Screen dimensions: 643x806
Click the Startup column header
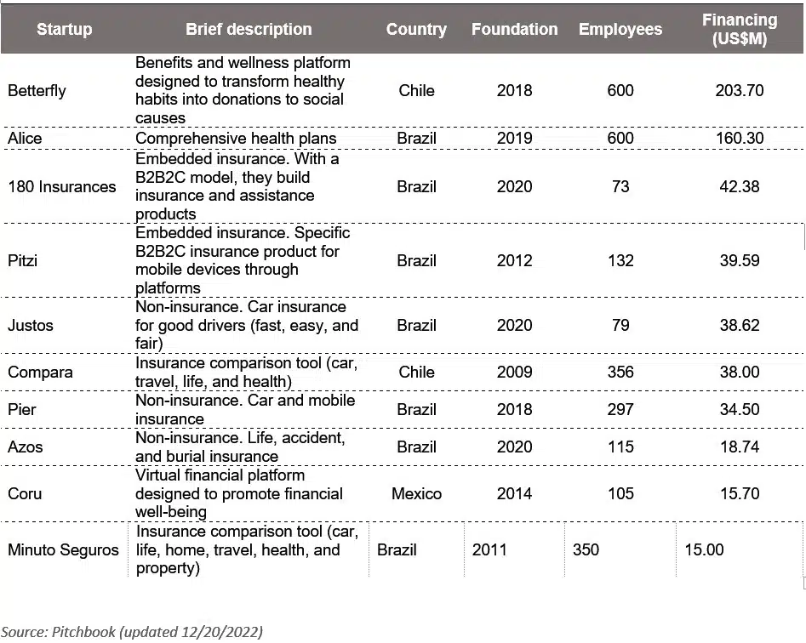[x=65, y=30]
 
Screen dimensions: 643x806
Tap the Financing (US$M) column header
[x=739, y=30]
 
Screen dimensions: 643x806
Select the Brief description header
[x=249, y=30]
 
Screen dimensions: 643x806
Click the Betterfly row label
[x=37, y=90]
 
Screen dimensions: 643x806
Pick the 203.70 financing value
[x=739, y=90]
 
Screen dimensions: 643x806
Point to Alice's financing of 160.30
[x=739, y=138]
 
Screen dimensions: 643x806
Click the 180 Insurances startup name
[x=62, y=186]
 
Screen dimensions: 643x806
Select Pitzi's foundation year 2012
[x=514, y=260]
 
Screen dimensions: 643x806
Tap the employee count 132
[x=620, y=260]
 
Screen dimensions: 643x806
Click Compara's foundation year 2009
[x=514, y=372]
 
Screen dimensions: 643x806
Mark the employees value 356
[x=620, y=372]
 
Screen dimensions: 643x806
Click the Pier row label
[x=22, y=409]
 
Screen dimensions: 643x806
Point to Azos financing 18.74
[x=739, y=447]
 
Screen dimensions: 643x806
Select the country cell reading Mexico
[x=416, y=493]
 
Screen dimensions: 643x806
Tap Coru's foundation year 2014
[x=514, y=493]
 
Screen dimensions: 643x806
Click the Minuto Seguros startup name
[x=63, y=549]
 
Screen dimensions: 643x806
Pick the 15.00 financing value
[x=704, y=549]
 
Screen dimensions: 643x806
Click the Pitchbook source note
[x=132, y=631]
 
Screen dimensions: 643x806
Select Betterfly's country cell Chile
[x=416, y=90]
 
